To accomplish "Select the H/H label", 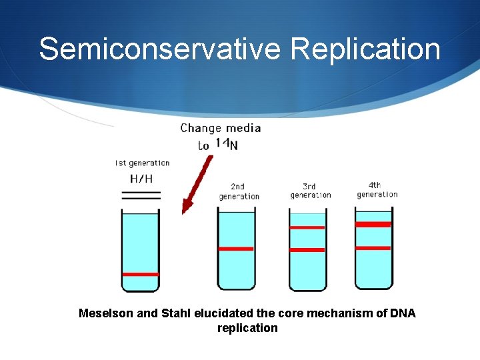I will pos(141,178).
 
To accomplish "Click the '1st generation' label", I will pos(142,163).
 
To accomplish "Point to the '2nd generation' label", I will pos(239,191).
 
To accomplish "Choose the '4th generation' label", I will pos(377,190).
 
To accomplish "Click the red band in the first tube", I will pos(141,274).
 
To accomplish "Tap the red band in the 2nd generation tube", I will pos(237,249).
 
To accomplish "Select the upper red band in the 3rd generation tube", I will pos(307,227).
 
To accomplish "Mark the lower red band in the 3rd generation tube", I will pos(307,250).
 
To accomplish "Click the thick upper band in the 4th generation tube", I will pos(373,225).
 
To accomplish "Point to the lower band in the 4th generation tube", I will pos(373,248).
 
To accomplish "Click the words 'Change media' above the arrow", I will pos(221,128).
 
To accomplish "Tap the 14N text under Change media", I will pos(226,144).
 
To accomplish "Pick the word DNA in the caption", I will pos(403,313).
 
